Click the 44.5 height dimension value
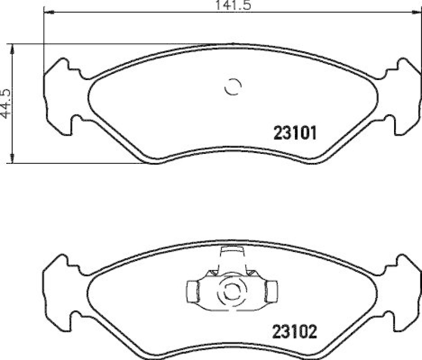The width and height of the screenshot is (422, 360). coord(6,103)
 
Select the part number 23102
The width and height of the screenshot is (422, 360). coord(294,332)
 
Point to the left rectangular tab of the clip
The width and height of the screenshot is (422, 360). coord(193,289)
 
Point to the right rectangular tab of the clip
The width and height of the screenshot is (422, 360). coord(272,289)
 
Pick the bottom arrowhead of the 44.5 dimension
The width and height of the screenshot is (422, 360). coord(13,160)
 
